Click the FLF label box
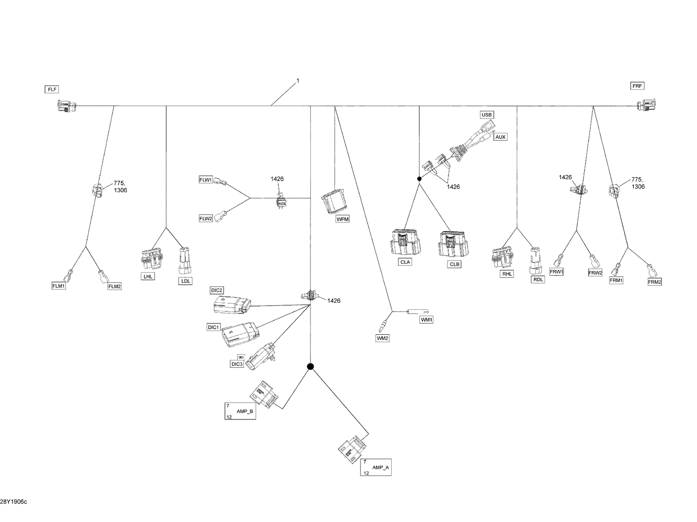pos(52,89)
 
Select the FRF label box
pos(637,86)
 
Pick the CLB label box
pos(454,264)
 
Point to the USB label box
pos(487,115)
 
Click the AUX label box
pos(500,137)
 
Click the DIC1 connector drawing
pos(240,333)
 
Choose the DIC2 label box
pos(217,290)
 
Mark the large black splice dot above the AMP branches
pos(310,366)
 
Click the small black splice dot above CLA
pos(419,179)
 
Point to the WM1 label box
pos(426,320)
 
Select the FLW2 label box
pos(205,218)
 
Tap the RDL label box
pos(538,280)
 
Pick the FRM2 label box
pos(654,282)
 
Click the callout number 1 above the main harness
pos(298,81)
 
